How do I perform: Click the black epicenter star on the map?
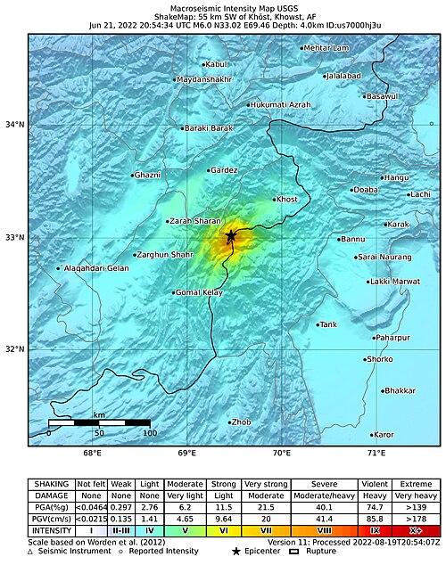(x=231, y=236)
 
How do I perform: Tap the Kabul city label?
(x=217, y=64)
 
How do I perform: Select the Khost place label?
(x=287, y=200)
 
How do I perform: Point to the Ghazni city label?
(x=147, y=176)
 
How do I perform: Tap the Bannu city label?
(x=354, y=239)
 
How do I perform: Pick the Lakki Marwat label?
(x=394, y=282)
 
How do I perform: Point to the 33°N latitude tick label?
(x=15, y=237)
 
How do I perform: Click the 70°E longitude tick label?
(x=282, y=453)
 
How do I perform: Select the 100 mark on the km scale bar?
(x=150, y=433)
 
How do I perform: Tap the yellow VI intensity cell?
(x=223, y=530)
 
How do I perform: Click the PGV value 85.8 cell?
(x=373, y=518)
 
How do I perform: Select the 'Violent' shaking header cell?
(x=373, y=483)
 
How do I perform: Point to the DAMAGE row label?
(x=50, y=495)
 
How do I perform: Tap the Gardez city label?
(x=223, y=170)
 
